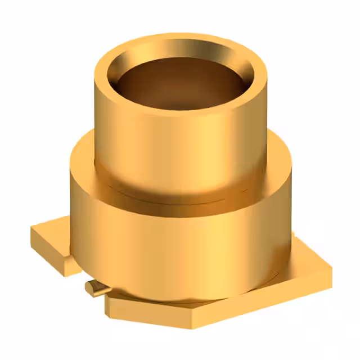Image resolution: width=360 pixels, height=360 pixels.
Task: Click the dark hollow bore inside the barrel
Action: (x=180, y=84)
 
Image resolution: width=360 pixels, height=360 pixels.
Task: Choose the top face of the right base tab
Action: (x=309, y=259)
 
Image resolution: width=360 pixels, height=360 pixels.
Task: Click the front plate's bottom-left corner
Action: (x=107, y=308)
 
